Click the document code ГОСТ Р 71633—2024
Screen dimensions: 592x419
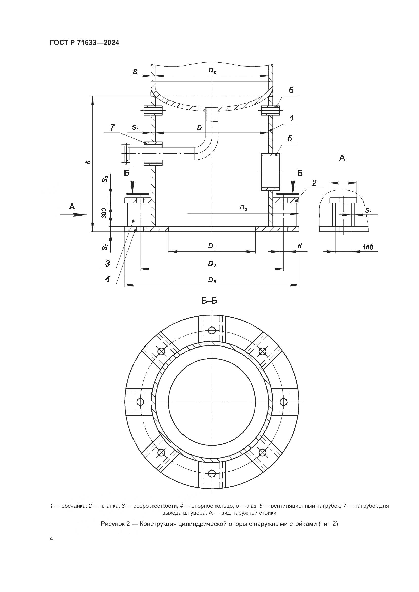pyautogui.click(x=84, y=43)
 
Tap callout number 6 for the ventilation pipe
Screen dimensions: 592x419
pyautogui.click(x=291, y=90)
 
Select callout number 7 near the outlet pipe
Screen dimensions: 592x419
pyautogui.click(x=112, y=127)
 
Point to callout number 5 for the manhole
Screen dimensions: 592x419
pyautogui.click(x=290, y=138)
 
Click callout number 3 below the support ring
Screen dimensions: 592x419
pyautogui.click(x=108, y=263)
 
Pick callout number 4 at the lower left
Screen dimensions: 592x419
pyautogui.click(x=108, y=279)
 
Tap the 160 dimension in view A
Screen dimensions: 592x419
pyautogui.click(x=368, y=247)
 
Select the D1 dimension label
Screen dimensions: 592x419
pyautogui.click(x=212, y=246)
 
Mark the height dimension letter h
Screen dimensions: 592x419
pyautogui.click(x=88, y=162)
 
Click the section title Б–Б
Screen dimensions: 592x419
pyautogui.click(x=209, y=301)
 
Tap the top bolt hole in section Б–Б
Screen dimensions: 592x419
pyautogui.click(x=212, y=330)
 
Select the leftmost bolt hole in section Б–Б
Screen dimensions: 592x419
pyautogui.click(x=140, y=402)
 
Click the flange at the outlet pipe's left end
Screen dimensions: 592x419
pyautogui.click(x=126, y=153)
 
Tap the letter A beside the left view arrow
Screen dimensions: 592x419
pyautogui.click(x=72, y=206)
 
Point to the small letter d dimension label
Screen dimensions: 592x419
pyautogui.click(x=300, y=246)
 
